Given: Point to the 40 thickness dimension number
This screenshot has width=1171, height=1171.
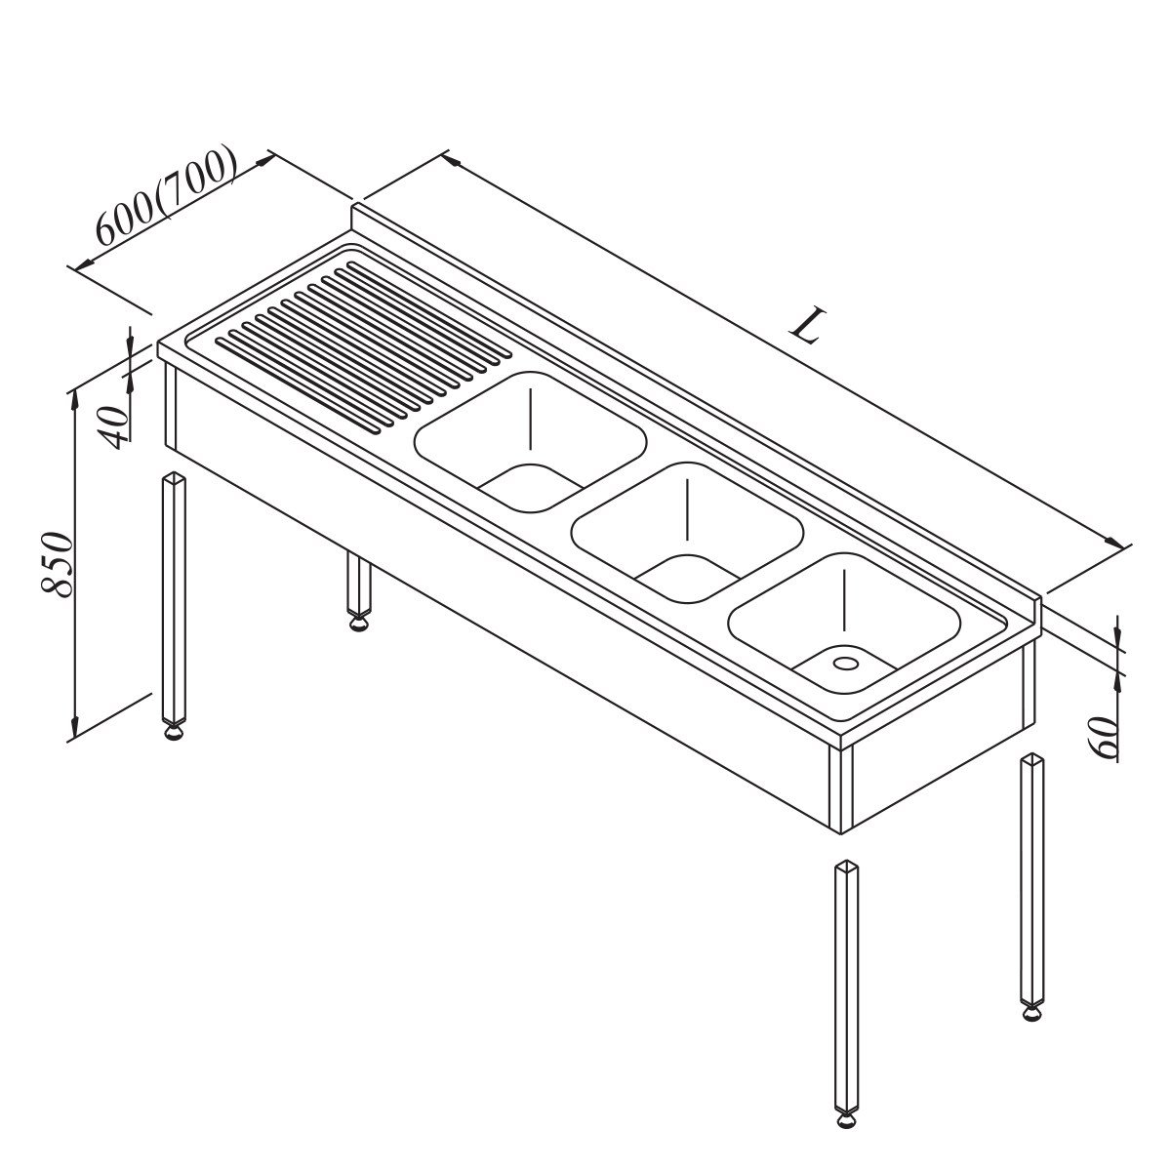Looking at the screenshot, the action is click(x=113, y=427).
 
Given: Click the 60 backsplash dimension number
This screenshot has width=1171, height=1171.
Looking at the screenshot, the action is click(x=1102, y=738).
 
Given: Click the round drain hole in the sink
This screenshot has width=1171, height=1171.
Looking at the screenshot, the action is click(x=845, y=662).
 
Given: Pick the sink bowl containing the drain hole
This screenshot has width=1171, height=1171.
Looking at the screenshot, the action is click(x=843, y=623).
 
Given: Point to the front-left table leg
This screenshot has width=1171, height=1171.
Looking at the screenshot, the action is click(x=174, y=605).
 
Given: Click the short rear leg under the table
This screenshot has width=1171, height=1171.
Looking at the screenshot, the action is click(x=359, y=590).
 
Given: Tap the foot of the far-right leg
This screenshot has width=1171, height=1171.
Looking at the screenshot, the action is click(x=1032, y=1012).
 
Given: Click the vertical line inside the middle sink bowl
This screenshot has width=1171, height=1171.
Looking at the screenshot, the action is click(x=687, y=509).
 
